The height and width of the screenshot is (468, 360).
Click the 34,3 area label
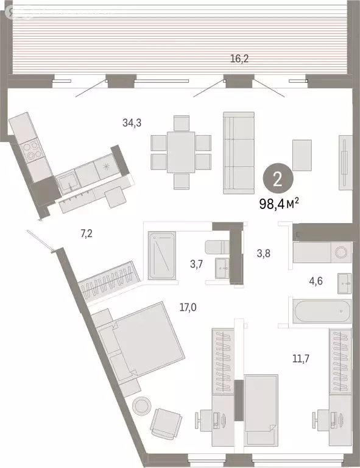[132, 123]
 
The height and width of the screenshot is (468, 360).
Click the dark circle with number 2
[278, 179]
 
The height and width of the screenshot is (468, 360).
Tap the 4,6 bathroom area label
[316, 282]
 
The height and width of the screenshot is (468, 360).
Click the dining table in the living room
[181, 152]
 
